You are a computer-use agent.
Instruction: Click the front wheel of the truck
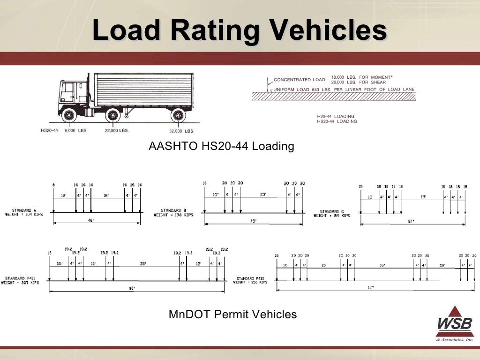pos(68,114)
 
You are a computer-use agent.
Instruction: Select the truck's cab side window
pos(67,91)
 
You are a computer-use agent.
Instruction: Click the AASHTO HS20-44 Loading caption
pos(221,146)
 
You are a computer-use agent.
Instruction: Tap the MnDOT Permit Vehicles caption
pos(232,314)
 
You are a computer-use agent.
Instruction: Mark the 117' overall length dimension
pos(370,287)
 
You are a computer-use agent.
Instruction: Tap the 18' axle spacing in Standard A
pos(106,195)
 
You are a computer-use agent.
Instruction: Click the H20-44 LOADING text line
pos(336,116)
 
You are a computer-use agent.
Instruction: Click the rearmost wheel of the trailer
pos(178,115)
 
